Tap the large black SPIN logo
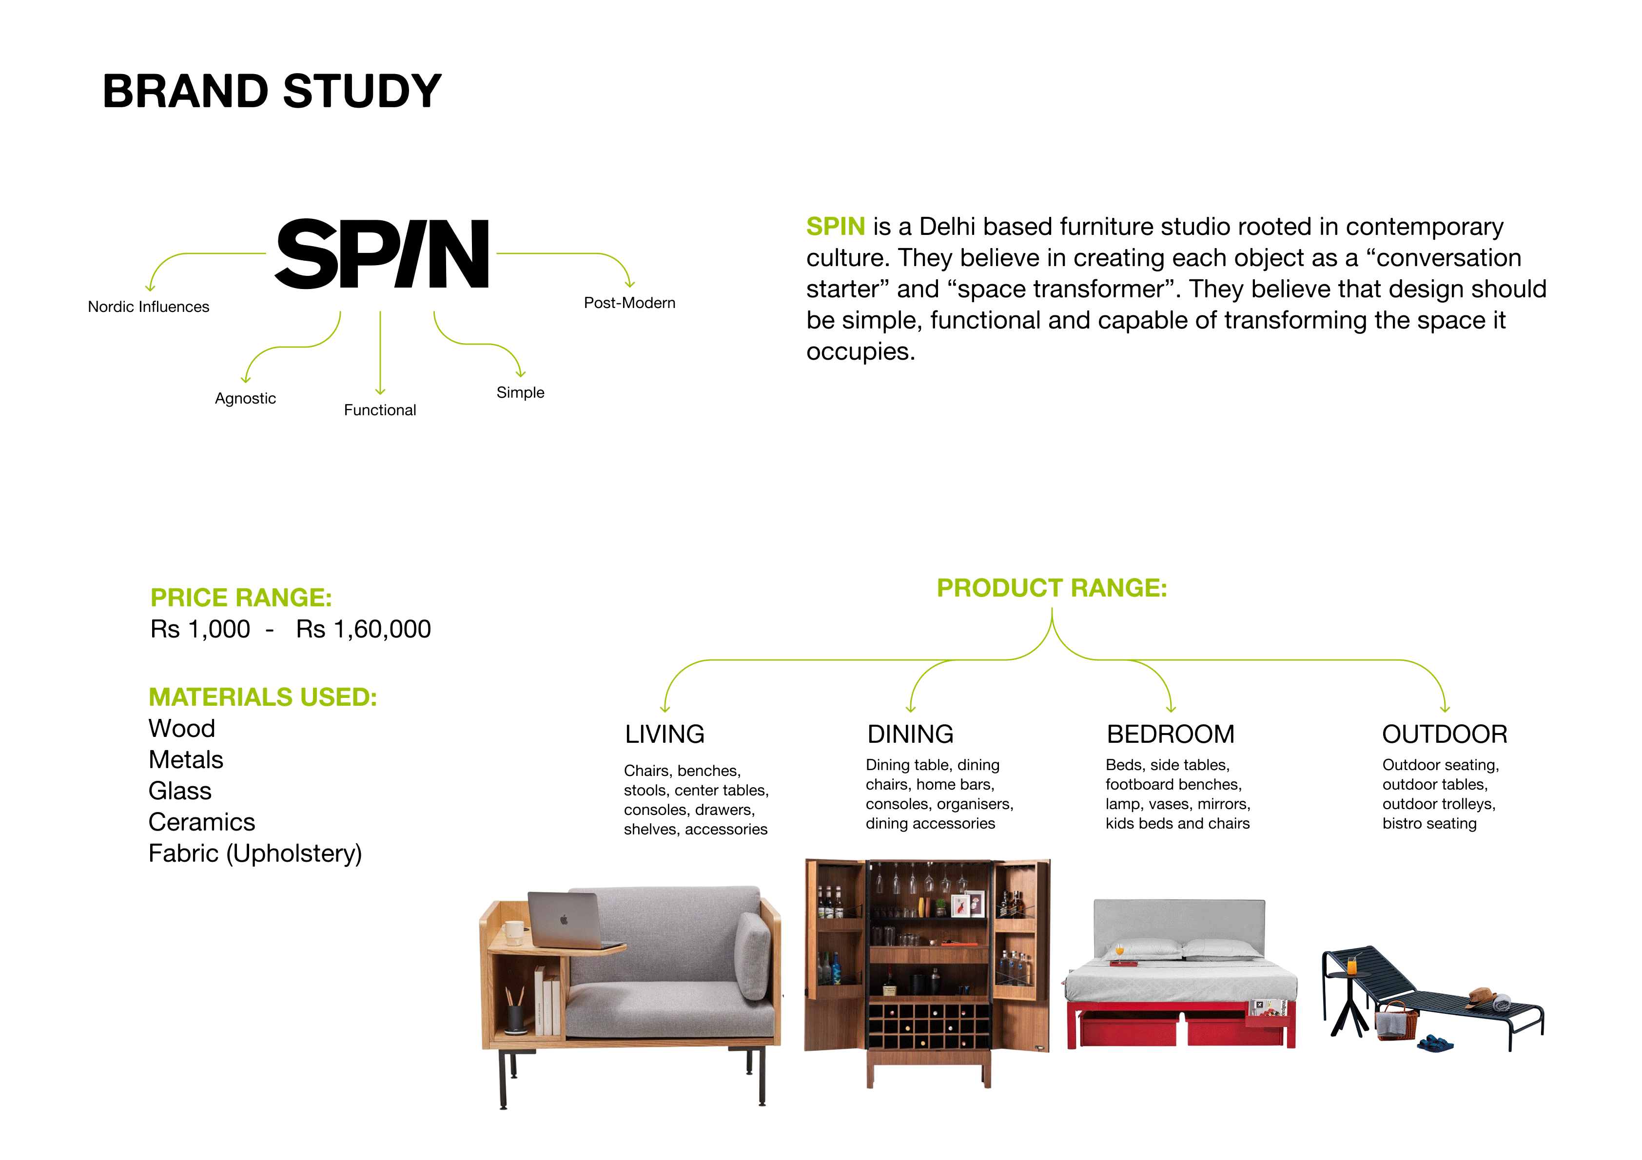(x=383, y=254)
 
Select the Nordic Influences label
(x=148, y=307)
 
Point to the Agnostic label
(x=245, y=398)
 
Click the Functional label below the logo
(x=380, y=410)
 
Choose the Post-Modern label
(x=629, y=303)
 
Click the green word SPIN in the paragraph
(x=835, y=227)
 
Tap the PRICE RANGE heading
(x=241, y=597)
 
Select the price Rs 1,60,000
(x=363, y=629)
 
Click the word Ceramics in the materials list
(x=202, y=822)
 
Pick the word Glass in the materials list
(x=180, y=791)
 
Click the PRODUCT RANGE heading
(x=1051, y=588)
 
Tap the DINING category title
(x=910, y=734)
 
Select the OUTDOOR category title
(x=1444, y=734)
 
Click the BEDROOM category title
(x=1170, y=734)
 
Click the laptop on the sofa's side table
(x=565, y=920)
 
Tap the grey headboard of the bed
(x=1178, y=923)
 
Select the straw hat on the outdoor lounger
(x=1481, y=996)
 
